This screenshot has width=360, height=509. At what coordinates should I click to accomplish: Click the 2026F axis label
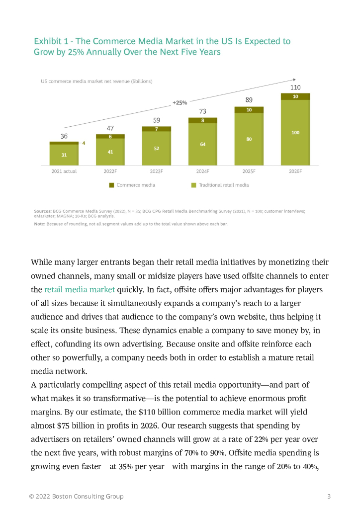pyautogui.click(x=295, y=171)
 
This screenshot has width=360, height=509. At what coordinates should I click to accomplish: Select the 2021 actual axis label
pyautogui.click(x=64, y=171)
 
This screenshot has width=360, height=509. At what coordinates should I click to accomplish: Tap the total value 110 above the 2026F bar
pyautogui.click(x=295, y=87)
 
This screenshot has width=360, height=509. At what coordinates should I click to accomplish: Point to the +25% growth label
pyautogui.click(x=180, y=102)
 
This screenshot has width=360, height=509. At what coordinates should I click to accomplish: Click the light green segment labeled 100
pyautogui.click(x=295, y=133)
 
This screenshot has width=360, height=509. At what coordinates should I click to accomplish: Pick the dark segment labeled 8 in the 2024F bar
pyautogui.click(x=203, y=120)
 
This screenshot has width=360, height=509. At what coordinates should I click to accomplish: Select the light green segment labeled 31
pyautogui.click(x=64, y=155)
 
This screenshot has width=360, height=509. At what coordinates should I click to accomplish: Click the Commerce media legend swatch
pyautogui.click(x=112, y=185)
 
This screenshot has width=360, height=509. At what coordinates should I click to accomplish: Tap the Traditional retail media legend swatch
pyautogui.click(x=194, y=185)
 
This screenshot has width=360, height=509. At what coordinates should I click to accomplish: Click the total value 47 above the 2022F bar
pyautogui.click(x=110, y=128)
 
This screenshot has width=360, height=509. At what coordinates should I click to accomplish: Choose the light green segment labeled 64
pyautogui.click(x=203, y=144)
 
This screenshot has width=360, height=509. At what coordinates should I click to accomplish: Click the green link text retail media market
pyautogui.click(x=80, y=289)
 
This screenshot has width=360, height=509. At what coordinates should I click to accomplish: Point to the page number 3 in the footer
pyautogui.click(x=329, y=496)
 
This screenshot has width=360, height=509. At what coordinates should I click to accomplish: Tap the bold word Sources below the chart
pyautogui.click(x=43, y=211)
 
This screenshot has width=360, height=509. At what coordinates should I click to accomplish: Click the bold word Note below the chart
pyautogui.click(x=39, y=224)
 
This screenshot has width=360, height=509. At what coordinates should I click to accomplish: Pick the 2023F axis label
pyautogui.click(x=157, y=171)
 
